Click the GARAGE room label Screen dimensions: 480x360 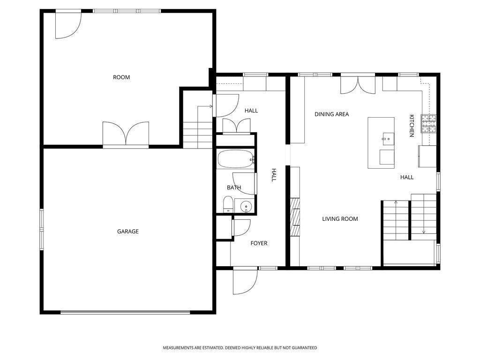click(128, 232)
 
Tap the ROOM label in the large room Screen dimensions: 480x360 click(121, 77)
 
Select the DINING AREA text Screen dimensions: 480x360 click(332, 114)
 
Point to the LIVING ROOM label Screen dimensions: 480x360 click(340, 219)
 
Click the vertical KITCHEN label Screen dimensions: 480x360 click(412, 126)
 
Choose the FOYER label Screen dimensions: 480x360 click(259, 243)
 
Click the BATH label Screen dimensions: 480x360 click(234, 187)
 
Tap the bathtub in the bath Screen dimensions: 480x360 click(236, 159)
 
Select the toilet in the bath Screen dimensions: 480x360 click(228, 204)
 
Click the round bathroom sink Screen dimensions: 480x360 click(246, 207)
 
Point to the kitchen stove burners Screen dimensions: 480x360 click(428, 124)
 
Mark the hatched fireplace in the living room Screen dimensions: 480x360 click(295, 217)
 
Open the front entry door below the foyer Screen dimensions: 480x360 click(245, 281)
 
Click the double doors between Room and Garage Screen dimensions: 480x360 click(126, 135)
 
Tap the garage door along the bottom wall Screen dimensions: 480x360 click(125, 312)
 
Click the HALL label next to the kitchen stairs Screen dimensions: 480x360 click(407, 177)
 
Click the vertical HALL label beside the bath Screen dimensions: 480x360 click(274, 175)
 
